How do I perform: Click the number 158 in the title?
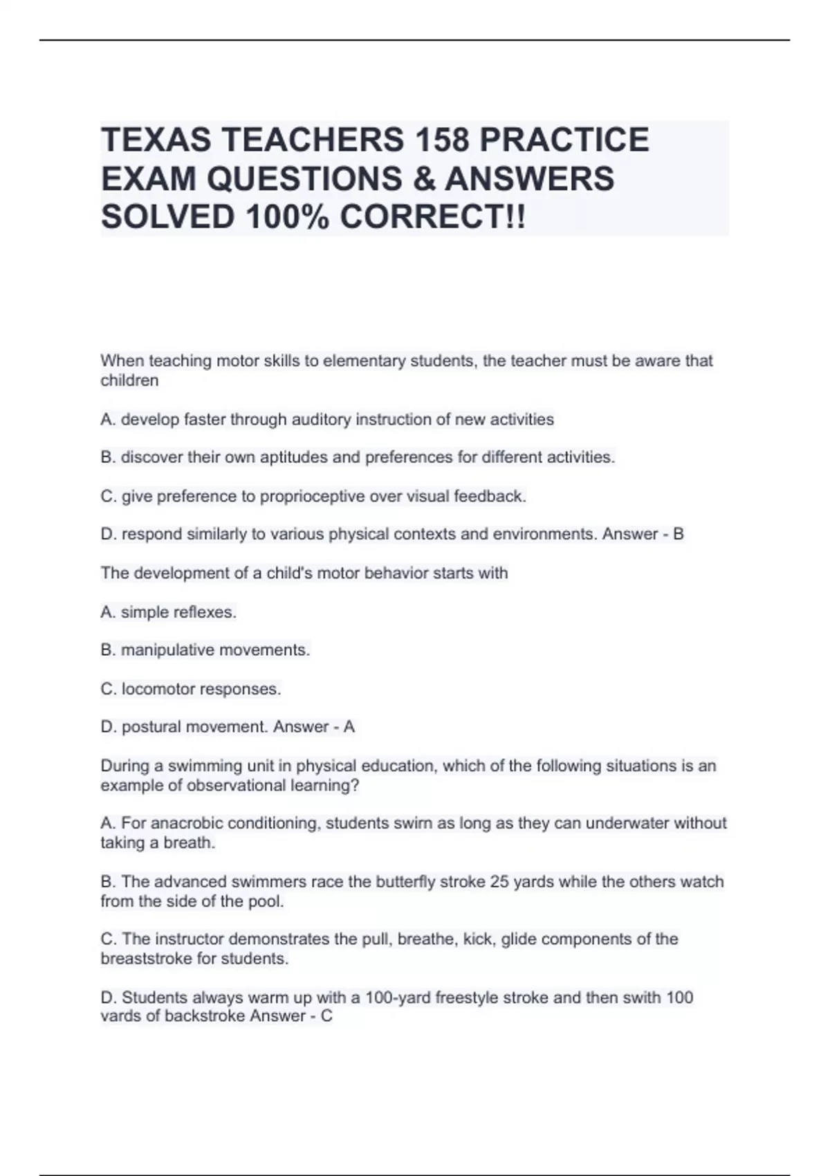click(x=441, y=140)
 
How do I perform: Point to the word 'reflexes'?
click(x=206, y=612)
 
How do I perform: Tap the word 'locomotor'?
click(x=155, y=689)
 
